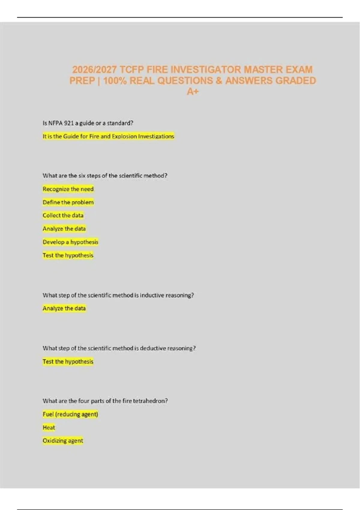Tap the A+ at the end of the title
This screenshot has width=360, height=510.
(x=193, y=91)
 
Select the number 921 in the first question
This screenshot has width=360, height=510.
(x=69, y=123)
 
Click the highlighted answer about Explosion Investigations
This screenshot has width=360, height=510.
(x=108, y=136)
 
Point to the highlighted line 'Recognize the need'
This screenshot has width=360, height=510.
(x=68, y=189)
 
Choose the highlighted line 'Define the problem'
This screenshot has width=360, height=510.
(x=68, y=202)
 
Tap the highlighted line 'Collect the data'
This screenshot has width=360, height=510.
(x=63, y=215)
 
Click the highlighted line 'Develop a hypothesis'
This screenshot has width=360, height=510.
(x=70, y=242)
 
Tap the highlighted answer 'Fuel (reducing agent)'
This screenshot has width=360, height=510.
(x=70, y=414)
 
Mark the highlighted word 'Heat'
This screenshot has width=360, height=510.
(x=49, y=427)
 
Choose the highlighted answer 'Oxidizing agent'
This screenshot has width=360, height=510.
(x=63, y=441)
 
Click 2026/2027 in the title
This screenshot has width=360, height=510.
(x=94, y=70)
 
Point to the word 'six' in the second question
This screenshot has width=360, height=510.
(x=82, y=175)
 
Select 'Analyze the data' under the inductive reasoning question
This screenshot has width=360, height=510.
(x=64, y=308)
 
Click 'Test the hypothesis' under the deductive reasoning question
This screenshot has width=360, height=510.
(x=68, y=361)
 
